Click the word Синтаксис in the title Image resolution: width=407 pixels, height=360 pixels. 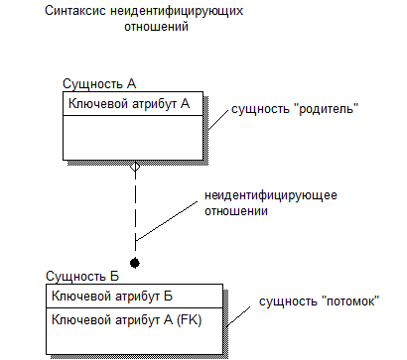(x=75, y=11)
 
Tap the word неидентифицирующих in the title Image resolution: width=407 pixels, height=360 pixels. (x=177, y=11)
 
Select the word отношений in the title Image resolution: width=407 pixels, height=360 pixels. (x=157, y=27)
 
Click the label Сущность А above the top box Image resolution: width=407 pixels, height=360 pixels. (x=99, y=84)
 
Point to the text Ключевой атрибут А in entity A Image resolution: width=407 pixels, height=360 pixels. (x=129, y=104)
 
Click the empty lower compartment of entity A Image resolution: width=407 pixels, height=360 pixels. (x=133, y=138)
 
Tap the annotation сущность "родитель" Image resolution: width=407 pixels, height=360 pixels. (x=295, y=109)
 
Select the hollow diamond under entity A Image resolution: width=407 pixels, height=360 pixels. (x=135, y=167)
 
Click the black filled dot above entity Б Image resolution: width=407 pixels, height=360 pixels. (x=135, y=263)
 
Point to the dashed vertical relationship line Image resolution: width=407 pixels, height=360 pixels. (x=135, y=211)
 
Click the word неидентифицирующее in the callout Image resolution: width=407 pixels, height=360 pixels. (x=271, y=195)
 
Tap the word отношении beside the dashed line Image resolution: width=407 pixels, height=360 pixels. (x=236, y=211)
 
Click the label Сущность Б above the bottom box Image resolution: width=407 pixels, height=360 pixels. (x=82, y=276)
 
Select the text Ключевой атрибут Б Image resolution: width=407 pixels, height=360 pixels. (x=112, y=296)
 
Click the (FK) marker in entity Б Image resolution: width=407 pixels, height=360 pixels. (x=190, y=320)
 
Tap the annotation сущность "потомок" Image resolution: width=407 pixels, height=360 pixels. (x=319, y=301)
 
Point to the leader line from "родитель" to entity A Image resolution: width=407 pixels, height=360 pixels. (x=218, y=119)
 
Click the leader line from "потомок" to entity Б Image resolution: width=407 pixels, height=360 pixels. (x=238, y=316)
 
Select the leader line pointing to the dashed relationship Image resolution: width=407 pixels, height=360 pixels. (x=167, y=221)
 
